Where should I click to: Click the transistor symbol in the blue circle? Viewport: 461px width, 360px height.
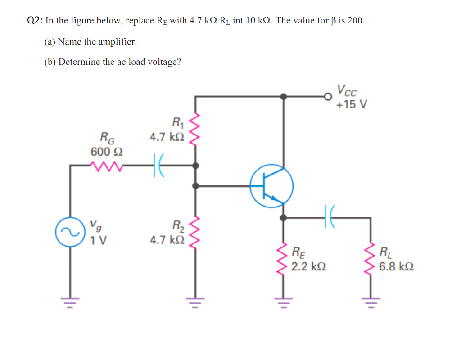coord(272,186)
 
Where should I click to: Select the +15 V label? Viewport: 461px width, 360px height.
coord(351,104)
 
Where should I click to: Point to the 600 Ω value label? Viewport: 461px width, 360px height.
coord(107,152)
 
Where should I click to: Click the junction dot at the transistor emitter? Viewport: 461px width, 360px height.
coord(283,217)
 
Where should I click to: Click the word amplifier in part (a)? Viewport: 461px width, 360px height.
coord(116,42)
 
